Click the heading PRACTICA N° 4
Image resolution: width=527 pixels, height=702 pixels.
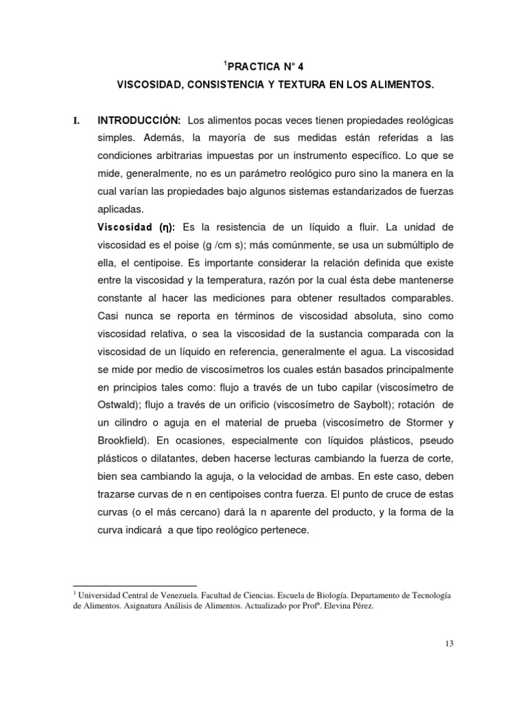click(263, 67)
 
